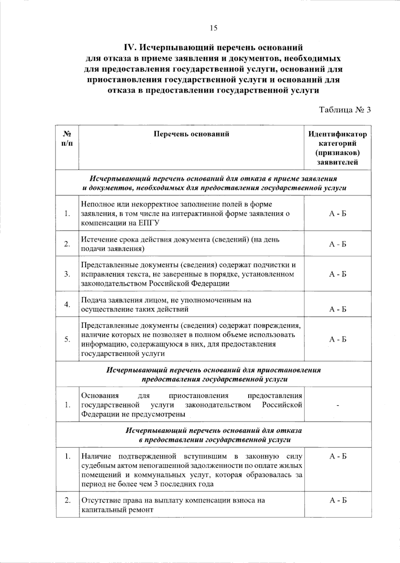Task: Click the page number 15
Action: (213, 28)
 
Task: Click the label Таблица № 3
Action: (345, 110)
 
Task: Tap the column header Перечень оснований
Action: (191, 134)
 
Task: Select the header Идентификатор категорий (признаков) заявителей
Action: (337, 148)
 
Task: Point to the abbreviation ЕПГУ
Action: (147, 223)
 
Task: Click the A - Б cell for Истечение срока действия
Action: (338, 244)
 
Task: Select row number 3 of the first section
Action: (68, 274)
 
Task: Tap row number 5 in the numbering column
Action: (68, 339)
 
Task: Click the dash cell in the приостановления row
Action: (338, 405)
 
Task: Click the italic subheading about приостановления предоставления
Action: (213, 374)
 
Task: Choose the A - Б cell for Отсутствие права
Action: (338, 500)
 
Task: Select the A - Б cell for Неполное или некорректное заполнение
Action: (338, 214)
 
